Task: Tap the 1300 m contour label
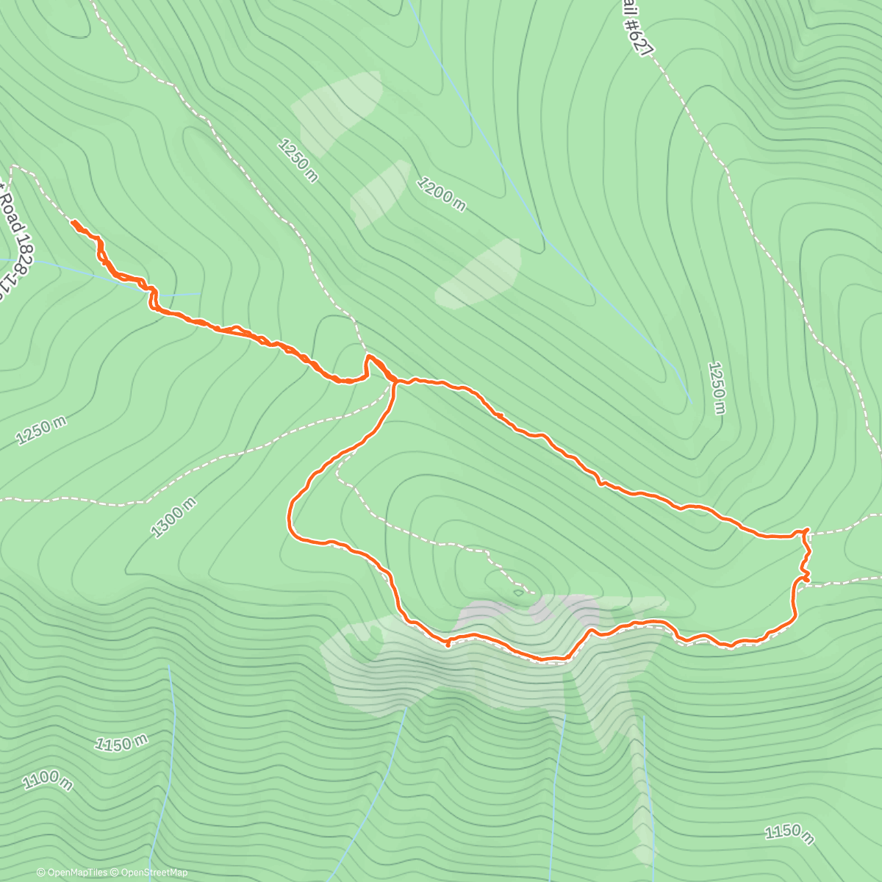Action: point(173,517)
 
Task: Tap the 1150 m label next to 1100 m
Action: point(122,743)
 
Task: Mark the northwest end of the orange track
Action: point(72,220)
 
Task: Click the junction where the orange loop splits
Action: point(395,381)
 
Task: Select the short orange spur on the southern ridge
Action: point(448,644)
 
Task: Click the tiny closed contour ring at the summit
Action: point(518,592)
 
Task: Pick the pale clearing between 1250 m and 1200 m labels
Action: point(381,193)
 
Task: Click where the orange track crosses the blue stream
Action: point(152,293)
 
